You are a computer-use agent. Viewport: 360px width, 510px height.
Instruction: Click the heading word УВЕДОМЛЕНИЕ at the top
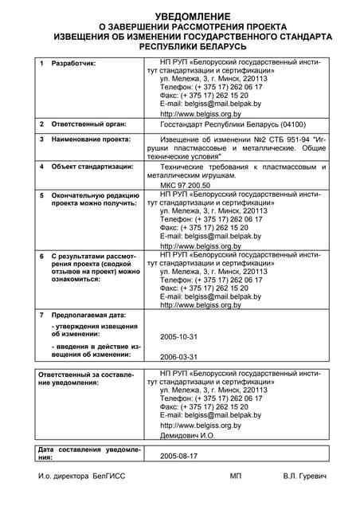click(x=179, y=16)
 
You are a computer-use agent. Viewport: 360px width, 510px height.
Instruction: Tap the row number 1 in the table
click(x=41, y=62)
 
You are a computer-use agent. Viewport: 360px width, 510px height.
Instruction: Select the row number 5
click(x=41, y=194)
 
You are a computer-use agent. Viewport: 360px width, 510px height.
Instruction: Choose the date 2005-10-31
click(x=178, y=337)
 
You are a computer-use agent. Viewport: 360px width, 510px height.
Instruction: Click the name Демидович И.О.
click(x=187, y=437)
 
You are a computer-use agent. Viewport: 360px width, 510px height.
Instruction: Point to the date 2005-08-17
click(x=178, y=457)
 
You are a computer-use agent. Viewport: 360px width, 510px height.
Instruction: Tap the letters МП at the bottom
click(x=235, y=476)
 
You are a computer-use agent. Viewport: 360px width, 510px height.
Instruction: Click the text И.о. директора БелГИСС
click(x=81, y=476)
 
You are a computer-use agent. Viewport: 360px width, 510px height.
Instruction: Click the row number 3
click(x=41, y=139)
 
